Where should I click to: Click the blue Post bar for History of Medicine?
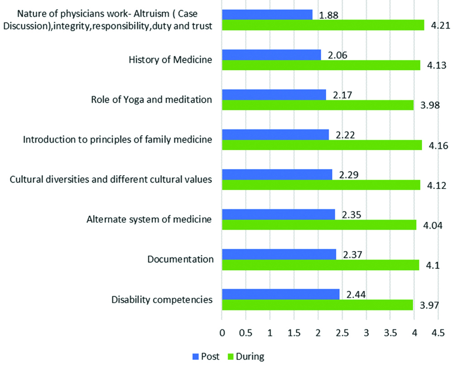(x=271, y=55)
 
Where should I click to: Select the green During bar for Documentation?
(x=320, y=265)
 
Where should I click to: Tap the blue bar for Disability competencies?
(x=280, y=294)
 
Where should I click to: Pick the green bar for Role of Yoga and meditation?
(x=318, y=105)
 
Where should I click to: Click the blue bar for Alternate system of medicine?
(x=278, y=214)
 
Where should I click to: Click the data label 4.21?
(x=439, y=26)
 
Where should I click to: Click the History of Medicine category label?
(x=170, y=59)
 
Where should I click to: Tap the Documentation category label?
(x=180, y=260)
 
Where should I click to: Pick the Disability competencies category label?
(x=162, y=300)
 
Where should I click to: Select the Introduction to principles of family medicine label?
(x=117, y=139)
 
